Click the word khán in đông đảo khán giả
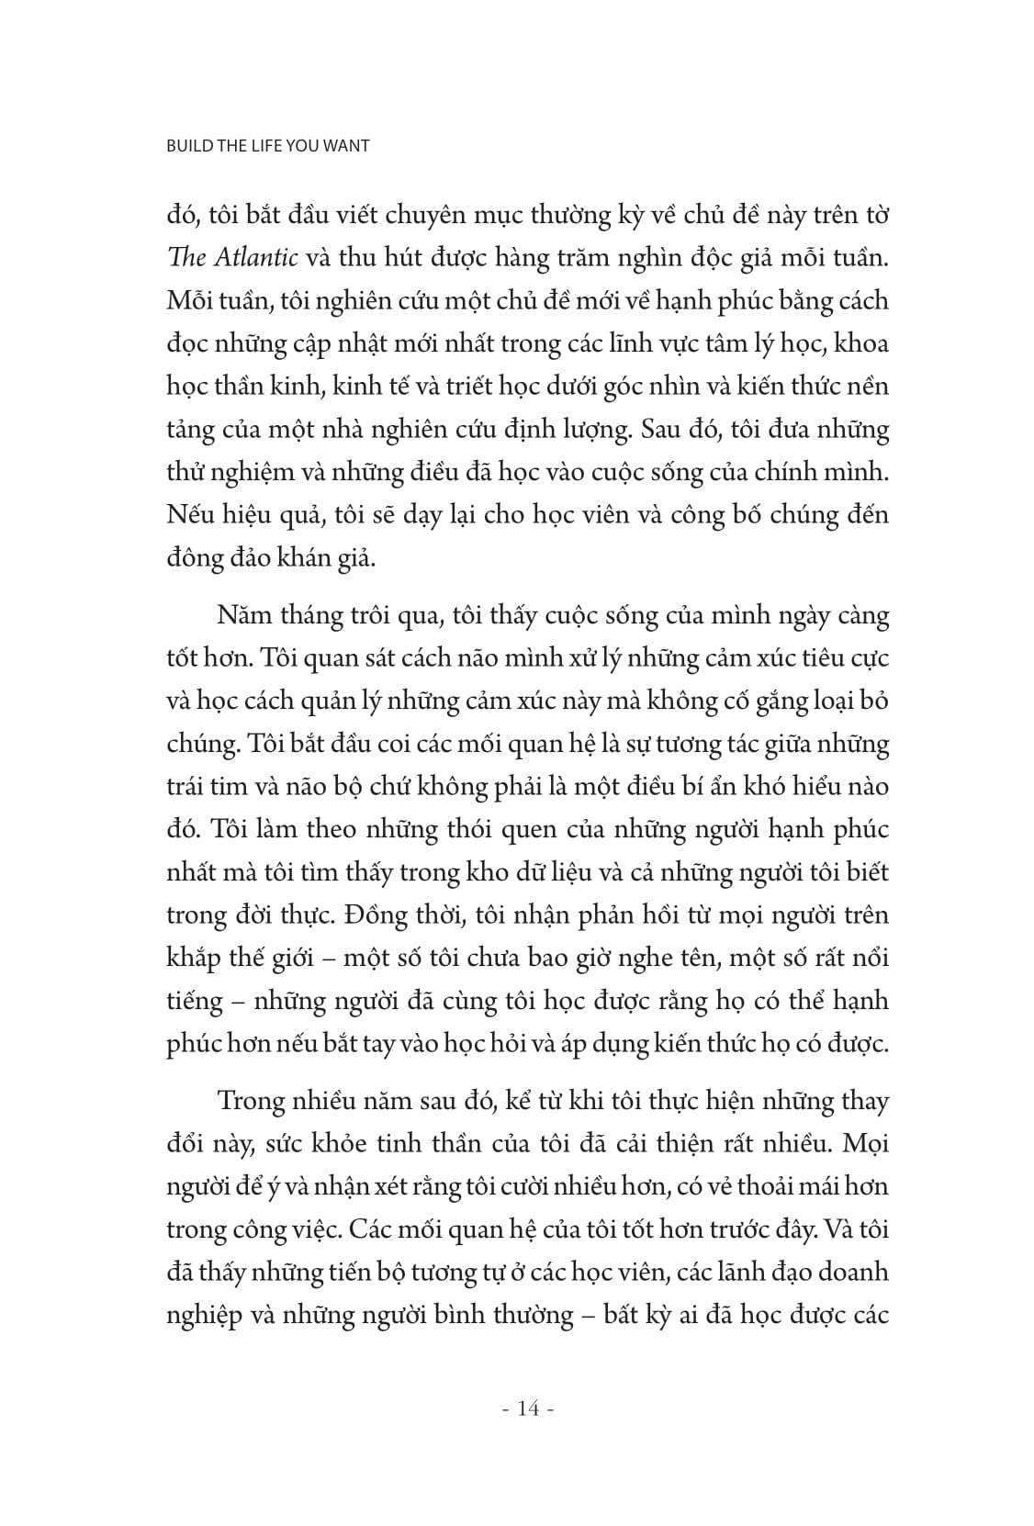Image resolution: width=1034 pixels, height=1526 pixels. [x=308, y=557]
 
